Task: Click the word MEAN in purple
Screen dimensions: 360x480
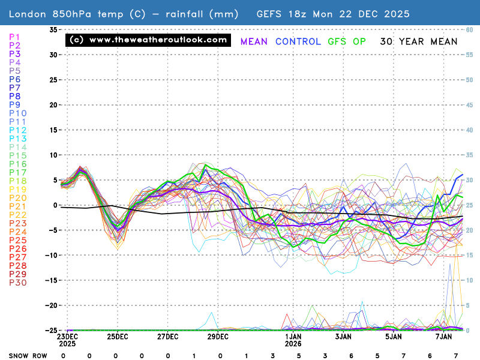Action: (254, 41)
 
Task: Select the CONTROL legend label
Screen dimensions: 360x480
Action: (299, 41)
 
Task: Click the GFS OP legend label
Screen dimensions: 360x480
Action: (347, 41)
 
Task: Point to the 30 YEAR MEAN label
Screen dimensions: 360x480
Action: (418, 41)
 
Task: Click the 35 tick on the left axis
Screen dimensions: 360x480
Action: (53, 29)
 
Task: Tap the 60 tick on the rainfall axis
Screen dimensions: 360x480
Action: (470, 29)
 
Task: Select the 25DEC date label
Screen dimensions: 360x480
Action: (117, 337)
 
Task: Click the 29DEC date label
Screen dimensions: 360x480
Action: (218, 337)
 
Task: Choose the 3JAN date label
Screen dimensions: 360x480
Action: (343, 337)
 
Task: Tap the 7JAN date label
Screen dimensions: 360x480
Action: (443, 337)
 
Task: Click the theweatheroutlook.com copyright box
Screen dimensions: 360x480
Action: (148, 40)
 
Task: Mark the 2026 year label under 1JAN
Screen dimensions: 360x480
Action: (293, 344)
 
